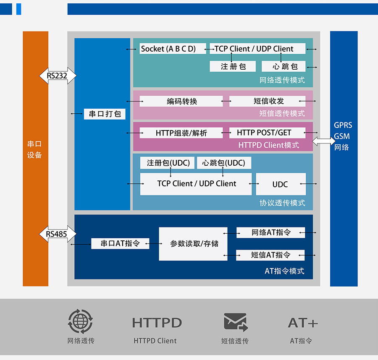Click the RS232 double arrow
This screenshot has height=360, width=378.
tap(58, 76)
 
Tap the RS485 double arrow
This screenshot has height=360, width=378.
tap(58, 234)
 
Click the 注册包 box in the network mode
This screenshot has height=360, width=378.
tap(233, 66)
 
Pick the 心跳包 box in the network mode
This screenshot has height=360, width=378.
tap(283, 66)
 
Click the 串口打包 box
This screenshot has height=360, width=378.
tap(105, 114)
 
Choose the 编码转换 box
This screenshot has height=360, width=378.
tap(181, 101)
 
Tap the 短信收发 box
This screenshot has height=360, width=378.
tap(268, 101)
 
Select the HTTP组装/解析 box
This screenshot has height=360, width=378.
tap(181, 133)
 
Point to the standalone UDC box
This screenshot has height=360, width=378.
tap(281, 184)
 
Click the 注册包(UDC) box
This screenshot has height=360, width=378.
tap(168, 163)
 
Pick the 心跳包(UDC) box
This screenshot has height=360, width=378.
tap(224, 163)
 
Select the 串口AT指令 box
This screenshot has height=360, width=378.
tap(120, 243)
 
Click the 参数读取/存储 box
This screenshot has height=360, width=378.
tap(193, 244)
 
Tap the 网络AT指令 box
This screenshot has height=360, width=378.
tap(270, 232)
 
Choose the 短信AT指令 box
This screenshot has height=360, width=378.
tap(270, 255)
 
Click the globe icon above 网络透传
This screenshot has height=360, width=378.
tap(80, 321)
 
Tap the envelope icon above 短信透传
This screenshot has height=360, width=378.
tap(235, 322)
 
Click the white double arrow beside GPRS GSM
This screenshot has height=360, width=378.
tap(324, 142)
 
